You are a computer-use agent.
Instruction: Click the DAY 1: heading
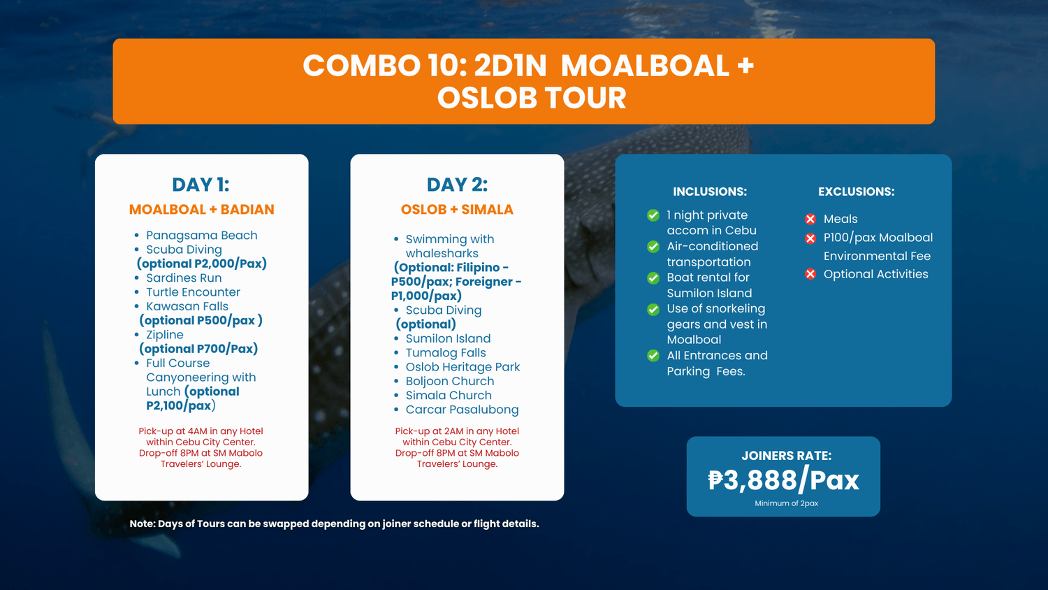tap(201, 185)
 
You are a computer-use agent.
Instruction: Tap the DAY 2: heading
tap(457, 185)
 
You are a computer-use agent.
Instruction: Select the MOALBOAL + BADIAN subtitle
tap(202, 209)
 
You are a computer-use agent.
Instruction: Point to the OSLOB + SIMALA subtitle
tap(457, 209)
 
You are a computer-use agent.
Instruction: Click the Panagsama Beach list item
tap(202, 235)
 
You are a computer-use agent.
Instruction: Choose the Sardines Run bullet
tap(184, 278)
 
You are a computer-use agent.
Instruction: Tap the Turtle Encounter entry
tap(193, 292)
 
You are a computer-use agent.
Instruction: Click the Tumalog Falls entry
tap(446, 352)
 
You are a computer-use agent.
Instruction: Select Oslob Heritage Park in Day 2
tap(463, 367)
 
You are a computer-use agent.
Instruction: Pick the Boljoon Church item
tap(450, 381)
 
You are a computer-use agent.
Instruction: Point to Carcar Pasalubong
tap(463, 410)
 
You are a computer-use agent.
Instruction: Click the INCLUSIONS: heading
tap(710, 192)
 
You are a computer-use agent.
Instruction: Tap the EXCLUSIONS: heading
tap(856, 192)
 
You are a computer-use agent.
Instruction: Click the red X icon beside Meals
tap(810, 219)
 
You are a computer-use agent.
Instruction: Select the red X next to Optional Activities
tap(810, 274)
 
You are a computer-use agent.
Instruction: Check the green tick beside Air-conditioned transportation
tap(653, 247)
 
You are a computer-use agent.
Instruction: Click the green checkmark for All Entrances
tap(653, 356)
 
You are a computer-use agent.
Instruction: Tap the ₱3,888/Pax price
tap(784, 480)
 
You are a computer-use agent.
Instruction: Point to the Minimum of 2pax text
tap(787, 503)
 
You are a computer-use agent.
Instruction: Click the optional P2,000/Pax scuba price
tap(202, 264)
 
